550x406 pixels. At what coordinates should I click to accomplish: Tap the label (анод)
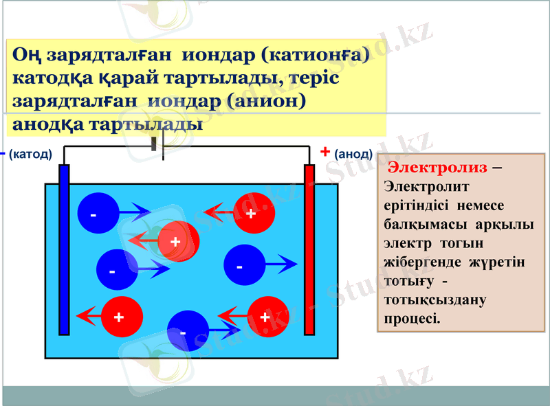tap(353, 155)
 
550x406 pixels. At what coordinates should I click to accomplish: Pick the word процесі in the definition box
tap(412, 319)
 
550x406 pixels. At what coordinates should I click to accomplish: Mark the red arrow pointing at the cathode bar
tap(88, 317)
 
